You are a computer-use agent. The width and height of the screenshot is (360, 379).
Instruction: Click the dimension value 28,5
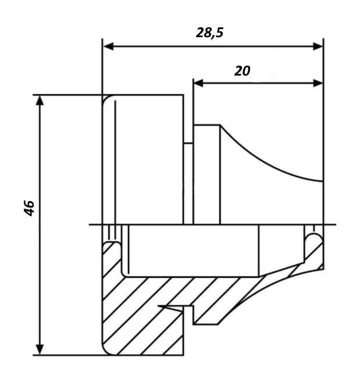(x=209, y=33)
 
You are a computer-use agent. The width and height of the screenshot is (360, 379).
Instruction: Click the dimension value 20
(x=243, y=71)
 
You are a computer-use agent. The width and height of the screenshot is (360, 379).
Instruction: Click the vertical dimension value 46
(x=29, y=208)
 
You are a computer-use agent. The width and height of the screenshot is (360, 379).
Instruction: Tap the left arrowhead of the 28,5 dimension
(x=108, y=46)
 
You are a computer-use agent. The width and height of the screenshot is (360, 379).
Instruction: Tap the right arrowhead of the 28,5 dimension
(x=318, y=46)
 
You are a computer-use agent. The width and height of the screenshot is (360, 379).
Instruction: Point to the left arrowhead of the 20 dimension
(x=198, y=83)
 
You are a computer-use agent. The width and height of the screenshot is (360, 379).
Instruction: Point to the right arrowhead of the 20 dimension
(x=318, y=83)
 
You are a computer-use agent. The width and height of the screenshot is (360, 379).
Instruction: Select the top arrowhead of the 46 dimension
(x=40, y=101)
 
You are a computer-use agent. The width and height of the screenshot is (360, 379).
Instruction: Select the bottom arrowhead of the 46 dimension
(x=40, y=349)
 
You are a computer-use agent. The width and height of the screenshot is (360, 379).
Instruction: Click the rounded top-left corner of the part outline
(x=105, y=98)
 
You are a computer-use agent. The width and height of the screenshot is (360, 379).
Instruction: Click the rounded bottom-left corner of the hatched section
(x=105, y=352)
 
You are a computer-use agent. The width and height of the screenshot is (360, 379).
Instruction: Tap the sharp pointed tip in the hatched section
(x=159, y=306)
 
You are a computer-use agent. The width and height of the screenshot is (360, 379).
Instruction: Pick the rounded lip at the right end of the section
(x=314, y=238)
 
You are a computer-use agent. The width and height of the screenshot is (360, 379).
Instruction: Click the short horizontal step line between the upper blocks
(x=188, y=143)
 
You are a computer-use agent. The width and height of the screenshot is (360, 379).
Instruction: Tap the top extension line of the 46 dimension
(x=67, y=95)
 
